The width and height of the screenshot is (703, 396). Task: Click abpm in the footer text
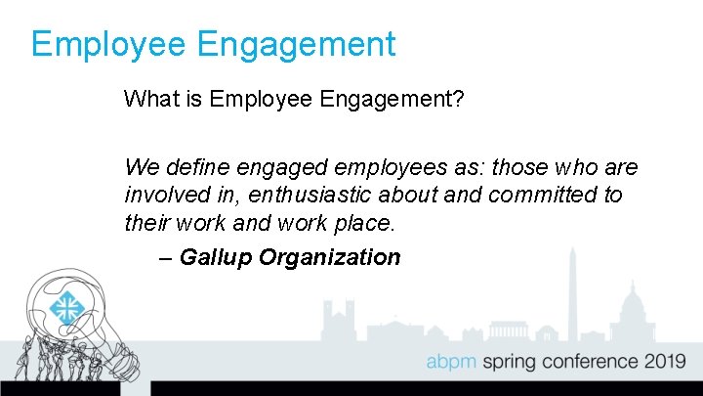(452, 363)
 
